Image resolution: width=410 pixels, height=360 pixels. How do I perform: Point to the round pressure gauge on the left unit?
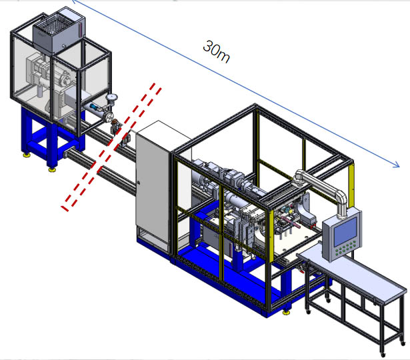point(111,101)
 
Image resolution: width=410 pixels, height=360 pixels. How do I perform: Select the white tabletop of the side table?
point(353,273)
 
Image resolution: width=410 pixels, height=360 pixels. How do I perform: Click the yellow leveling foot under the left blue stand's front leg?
point(52,168)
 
